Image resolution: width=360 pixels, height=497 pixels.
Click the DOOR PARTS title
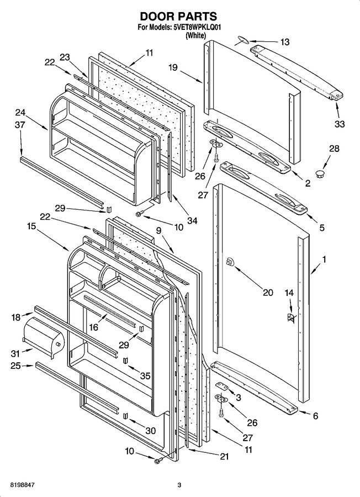[x=178, y=16]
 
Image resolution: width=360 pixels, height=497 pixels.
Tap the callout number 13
[x=285, y=42]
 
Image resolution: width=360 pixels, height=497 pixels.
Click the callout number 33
[x=340, y=124]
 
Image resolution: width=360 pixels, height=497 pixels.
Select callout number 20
[x=268, y=292]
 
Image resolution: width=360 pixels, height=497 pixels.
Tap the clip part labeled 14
[x=290, y=318]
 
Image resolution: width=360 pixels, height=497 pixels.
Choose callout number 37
[x=20, y=125]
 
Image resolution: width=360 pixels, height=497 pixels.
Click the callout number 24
[x=20, y=113]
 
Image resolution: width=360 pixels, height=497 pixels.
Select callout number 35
[x=145, y=376]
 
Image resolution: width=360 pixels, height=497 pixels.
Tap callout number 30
[x=151, y=431]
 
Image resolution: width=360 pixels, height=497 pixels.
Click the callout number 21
[x=224, y=456]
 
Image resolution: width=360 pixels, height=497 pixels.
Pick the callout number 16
[x=94, y=327]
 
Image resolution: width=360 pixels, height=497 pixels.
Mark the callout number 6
[x=315, y=416]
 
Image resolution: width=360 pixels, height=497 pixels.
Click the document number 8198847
[x=23, y=485]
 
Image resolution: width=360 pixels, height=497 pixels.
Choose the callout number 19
[x=173, y=67]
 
